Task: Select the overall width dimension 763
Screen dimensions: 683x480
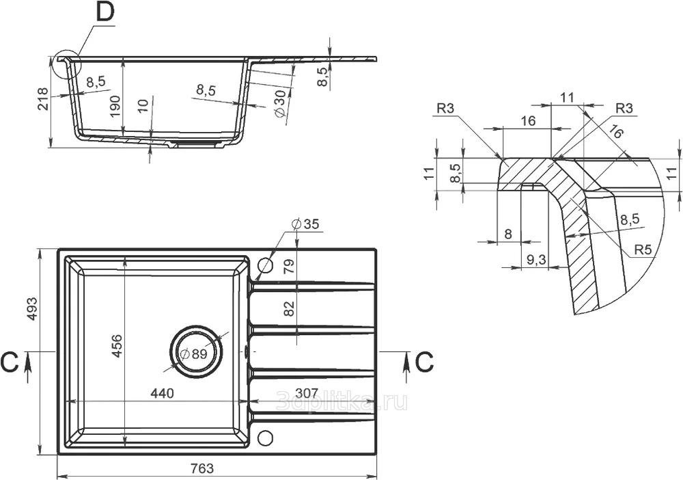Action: [x=203, y=468]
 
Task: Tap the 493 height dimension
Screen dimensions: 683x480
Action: [x=33, y=309]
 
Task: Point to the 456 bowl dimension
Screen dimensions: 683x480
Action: [x=117, y=346]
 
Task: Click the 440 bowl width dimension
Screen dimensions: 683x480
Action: [x=162, y=392]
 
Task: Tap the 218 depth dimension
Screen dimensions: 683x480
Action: [x=42, y=99]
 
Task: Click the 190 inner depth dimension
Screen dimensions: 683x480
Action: [x=115, y=106]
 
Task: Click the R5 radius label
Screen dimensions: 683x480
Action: [x=643, y=250]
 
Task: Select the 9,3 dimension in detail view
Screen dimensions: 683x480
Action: [x=536, y=260]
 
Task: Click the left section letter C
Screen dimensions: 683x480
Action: [x=9, y=362]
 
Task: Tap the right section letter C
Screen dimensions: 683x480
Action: [x=424, y=362]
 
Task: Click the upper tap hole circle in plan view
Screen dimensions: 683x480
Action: [x=265, y=264]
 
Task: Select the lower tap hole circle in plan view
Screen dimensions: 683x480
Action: [x=265, y=438]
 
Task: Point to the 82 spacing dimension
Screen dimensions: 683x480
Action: [x=290, y=308]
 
